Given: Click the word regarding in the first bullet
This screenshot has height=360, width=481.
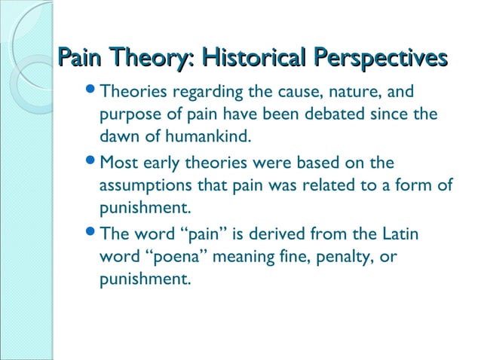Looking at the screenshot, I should click(x=207, y=93).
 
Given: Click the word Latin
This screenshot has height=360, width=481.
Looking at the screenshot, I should click(x=397, y=233).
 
